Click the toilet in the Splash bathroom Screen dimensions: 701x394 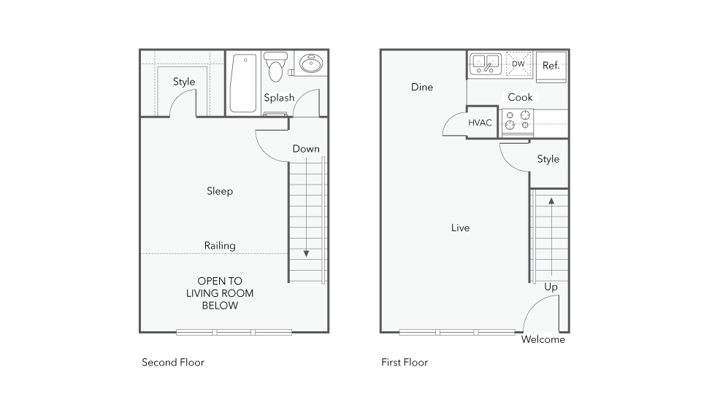pos(275,66)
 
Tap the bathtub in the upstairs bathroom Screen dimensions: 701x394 pos(243,83)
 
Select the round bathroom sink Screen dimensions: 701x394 pos(311,63)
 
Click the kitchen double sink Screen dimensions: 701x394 pos(486,64)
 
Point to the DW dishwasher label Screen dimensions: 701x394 pos(518,64)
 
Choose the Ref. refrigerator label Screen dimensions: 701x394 pos(551,66)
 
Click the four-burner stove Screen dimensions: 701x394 pos(517,120)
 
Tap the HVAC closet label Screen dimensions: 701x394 pos(480,123)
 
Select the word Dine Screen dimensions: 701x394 pos(421,87)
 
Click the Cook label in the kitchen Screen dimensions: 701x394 pos(520,97)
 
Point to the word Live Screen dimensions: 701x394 pos(460,228)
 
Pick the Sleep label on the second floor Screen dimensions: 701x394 pos(220,191)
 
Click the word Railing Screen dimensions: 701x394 pos(220,246)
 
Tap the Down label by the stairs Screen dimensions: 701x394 pos(306,149)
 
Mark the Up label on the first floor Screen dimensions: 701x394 pos(551,287)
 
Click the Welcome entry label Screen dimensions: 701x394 pos(543,339)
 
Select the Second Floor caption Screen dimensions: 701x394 pos(173,363)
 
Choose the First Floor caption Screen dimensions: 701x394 pos(405,363)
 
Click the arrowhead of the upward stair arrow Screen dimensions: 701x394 pos(551,201)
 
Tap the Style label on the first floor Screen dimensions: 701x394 pos(548,159)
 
